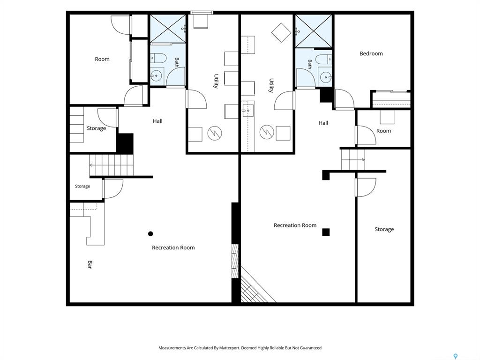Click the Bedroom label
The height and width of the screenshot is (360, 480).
pos(371,53)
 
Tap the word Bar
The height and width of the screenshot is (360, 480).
pos(90,264)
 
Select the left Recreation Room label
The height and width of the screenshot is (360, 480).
pos(173,247)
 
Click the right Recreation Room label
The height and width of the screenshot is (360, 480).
pos(295,225)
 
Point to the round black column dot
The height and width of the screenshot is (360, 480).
pos(150,233)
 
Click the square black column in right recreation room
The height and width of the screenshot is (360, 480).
pos(326,232)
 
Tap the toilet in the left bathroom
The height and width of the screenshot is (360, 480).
pos(158,58)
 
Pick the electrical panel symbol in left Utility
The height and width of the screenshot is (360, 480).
pos(215,133)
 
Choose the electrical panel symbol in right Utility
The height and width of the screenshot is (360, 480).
pos(267,132)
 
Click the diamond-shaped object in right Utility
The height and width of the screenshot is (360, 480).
pos(281,33)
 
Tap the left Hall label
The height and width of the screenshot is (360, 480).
pos(157,121)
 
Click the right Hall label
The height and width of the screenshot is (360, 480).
pos(323,123)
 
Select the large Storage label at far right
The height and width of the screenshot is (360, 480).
pos(384,229)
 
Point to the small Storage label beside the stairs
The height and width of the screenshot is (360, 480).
pos(82,186)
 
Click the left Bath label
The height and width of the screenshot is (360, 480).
pos(177,62)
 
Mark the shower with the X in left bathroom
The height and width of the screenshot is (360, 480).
pos(167,29)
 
